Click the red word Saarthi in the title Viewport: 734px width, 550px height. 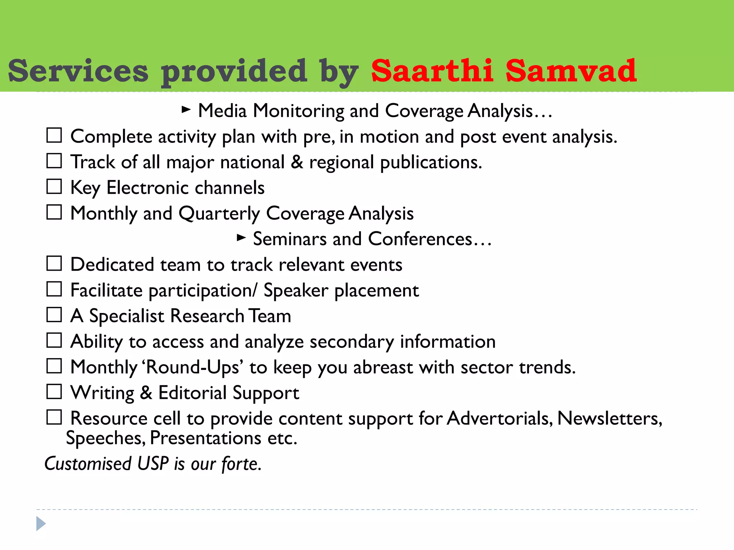[x=432, y=71]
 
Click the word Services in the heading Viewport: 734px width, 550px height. [x=78, y=71]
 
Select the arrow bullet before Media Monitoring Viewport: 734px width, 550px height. [x=186, y=109]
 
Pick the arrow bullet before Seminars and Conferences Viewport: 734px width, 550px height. [x=241, y=237]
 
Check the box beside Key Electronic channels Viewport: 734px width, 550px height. [x=54, y=187]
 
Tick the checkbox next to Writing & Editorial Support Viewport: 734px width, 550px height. [x=54, y=392]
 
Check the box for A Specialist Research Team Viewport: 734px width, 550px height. [x=54, y=315]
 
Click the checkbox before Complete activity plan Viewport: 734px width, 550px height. [x=54, y=135]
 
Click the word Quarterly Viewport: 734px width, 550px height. [x=219, y=214]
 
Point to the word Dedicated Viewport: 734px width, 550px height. [x=112, y=265]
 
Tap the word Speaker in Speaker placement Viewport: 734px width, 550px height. [x=296, y=290]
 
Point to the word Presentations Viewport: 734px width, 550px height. [x=205, y=438]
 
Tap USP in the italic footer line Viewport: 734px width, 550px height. [x=153, y=464]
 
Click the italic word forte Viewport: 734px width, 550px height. [x=241, y=464]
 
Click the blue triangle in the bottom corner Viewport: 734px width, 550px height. [x=41, y=524]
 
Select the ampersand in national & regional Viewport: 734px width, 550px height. [x=296, y=162]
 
